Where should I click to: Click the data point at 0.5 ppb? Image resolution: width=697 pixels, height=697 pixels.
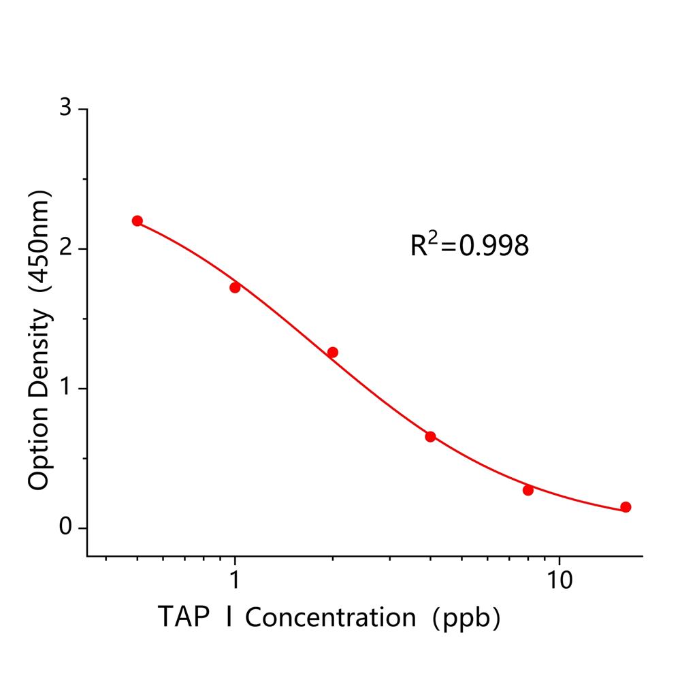pos(137,221)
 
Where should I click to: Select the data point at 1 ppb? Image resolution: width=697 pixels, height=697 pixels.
pos(235,287)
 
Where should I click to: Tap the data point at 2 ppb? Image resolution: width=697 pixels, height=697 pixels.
pos(333,352)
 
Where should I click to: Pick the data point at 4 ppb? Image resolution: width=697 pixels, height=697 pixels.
pos(430,436)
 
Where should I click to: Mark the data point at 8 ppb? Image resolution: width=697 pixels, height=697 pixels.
pos(528,490)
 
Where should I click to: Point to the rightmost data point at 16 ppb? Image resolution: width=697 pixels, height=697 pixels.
pos(626,507)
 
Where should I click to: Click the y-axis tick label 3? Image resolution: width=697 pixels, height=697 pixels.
pos(65,109)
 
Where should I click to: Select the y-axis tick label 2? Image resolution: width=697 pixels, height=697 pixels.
pos(65,248)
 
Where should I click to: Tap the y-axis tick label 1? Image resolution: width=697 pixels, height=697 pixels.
pos(65,388)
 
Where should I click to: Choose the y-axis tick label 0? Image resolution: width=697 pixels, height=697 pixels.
pos(65,528)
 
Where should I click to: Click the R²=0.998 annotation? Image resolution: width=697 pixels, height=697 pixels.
pos(469,246)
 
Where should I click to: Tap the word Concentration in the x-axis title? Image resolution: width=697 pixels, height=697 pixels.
pos(331,618)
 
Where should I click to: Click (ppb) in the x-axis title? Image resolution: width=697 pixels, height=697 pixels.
pos(470,618)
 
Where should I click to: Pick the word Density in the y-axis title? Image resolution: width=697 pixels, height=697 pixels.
pos(39,354)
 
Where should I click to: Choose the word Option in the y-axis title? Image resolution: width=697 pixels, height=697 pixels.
pos(39,449)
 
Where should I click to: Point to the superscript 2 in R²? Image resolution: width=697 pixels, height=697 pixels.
pos(431,236)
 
